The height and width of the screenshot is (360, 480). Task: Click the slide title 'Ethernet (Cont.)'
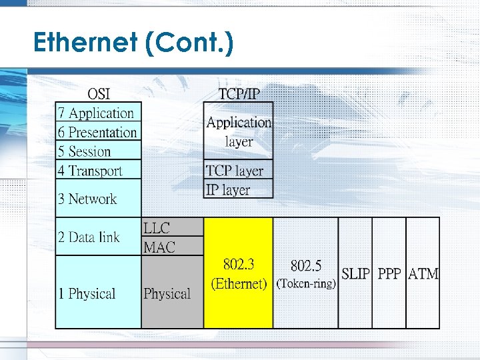[133, 43]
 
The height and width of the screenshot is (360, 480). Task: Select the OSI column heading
[99, 93]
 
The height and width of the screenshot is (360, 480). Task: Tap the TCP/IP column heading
[239, 93]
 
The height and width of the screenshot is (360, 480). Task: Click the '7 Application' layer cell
[98, 113]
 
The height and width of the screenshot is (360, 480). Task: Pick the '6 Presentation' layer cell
[98, 132]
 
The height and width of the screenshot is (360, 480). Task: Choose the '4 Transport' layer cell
[91, 171]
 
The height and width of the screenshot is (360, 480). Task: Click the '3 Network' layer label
[87, 199]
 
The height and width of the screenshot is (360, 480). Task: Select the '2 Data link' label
[89, 237]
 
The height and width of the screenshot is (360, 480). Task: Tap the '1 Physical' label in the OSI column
[87, 293]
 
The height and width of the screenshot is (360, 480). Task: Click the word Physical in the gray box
[167, 293]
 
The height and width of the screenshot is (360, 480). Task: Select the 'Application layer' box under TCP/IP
[239, 131]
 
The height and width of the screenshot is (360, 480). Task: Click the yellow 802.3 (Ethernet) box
[239, 273]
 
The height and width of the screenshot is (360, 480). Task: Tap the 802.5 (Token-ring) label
[306, 274]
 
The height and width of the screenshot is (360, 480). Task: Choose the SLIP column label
[355, 273]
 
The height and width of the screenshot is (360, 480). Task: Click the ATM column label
[423, 273]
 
